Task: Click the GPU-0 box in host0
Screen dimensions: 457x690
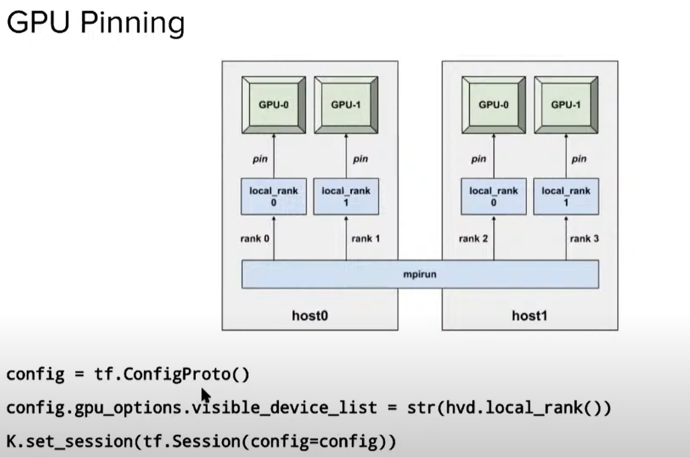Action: (x=273, y=105)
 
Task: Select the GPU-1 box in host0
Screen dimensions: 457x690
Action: (x=345, y=105)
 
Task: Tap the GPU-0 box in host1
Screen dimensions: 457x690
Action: (x=493, y=105)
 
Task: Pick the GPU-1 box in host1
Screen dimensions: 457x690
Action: (x=566, y=105)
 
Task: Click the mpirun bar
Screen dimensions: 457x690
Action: (x=420, y=275)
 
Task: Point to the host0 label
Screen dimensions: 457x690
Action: (x=310, y=316)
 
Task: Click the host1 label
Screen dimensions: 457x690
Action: (x=530, y=316)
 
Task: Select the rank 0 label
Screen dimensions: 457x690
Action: (x=254, y=238)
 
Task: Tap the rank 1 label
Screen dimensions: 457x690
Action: (x=365, y=238)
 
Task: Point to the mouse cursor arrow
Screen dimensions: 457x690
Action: (x=206, y=395)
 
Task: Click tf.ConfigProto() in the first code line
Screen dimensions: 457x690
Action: (x=172, y=374)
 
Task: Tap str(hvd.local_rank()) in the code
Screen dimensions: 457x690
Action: (x=509, y=407)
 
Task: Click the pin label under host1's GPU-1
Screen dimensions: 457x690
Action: (x=579, y=159)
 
